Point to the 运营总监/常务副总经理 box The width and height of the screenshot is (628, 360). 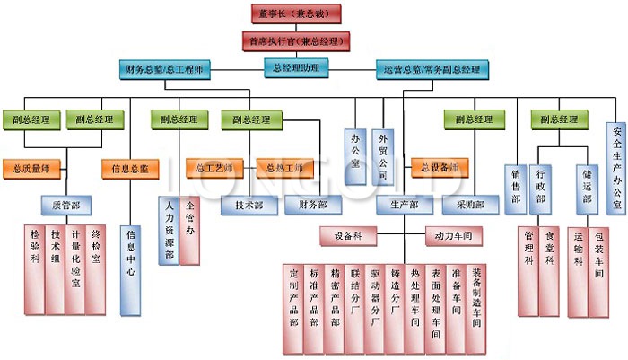[432, 68]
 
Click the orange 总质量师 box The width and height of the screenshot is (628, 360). [32, 168]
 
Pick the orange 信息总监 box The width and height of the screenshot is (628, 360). [129, 168]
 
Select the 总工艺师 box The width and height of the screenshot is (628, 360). [214, 168]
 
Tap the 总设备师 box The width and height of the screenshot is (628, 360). [440, 168]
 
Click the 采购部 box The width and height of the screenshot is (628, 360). [469, 206]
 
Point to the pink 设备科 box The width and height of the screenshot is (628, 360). [347, 237]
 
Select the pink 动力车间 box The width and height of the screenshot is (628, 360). [454, 237]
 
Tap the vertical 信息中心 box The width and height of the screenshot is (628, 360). [129, 269]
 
